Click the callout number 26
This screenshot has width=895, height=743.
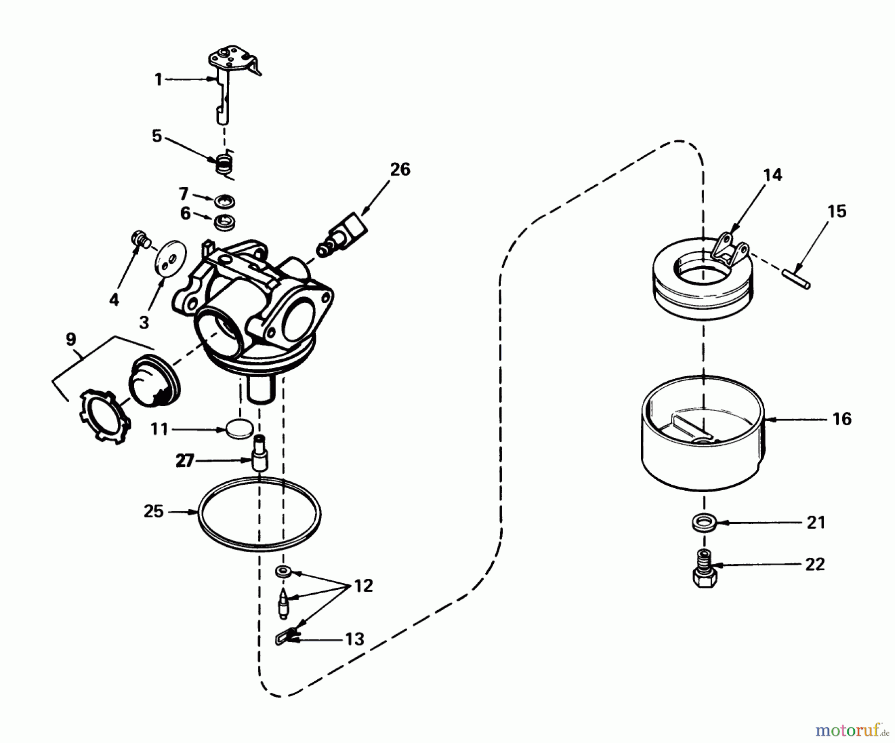[x=400, y=170]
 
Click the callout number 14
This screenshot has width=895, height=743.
[x=773, y=175]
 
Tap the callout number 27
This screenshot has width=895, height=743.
[x=184, y=461]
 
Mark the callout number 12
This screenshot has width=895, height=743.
[x=363, y=586]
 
